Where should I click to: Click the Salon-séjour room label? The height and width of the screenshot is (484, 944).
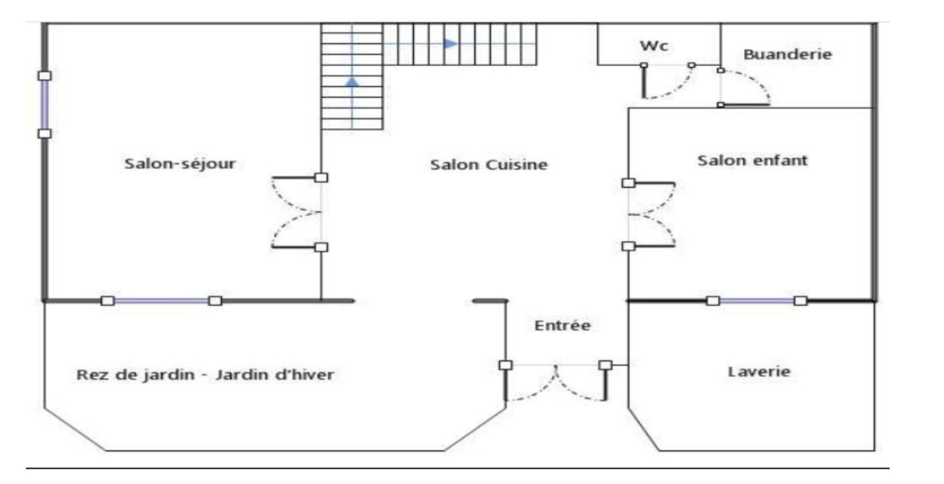179,163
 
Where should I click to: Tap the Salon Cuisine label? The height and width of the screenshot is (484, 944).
489,165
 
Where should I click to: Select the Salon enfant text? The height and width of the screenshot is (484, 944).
752,161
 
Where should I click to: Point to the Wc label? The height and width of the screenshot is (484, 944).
654,45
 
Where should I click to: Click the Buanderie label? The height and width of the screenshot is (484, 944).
787,54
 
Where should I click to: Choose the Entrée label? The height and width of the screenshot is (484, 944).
562,325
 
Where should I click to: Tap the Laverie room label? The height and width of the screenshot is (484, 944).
759,372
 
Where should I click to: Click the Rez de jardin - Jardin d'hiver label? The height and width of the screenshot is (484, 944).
205,375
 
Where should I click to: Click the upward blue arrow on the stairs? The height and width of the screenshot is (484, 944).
352,81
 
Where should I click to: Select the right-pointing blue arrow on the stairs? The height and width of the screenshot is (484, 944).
450,44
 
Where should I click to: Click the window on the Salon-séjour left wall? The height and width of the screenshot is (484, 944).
44,104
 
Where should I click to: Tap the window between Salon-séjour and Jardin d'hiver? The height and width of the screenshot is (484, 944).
161,301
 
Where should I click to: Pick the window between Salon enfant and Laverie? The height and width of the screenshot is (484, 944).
756,301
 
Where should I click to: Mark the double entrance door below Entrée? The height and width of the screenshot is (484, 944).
556,382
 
